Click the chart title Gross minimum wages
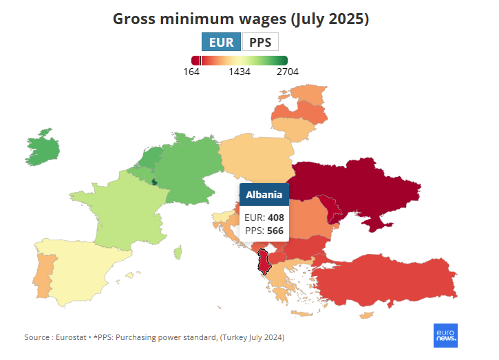[241, 19]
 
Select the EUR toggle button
[222, 42]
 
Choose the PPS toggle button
[260, 42]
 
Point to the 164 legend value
[192, 72]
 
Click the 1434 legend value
[240, 72]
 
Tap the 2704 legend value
[287, 72]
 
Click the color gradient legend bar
[240, 61]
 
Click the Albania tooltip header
[264, 195]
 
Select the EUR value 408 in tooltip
[275, 218]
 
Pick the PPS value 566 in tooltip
[275, 231]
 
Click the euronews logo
[445, 335]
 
